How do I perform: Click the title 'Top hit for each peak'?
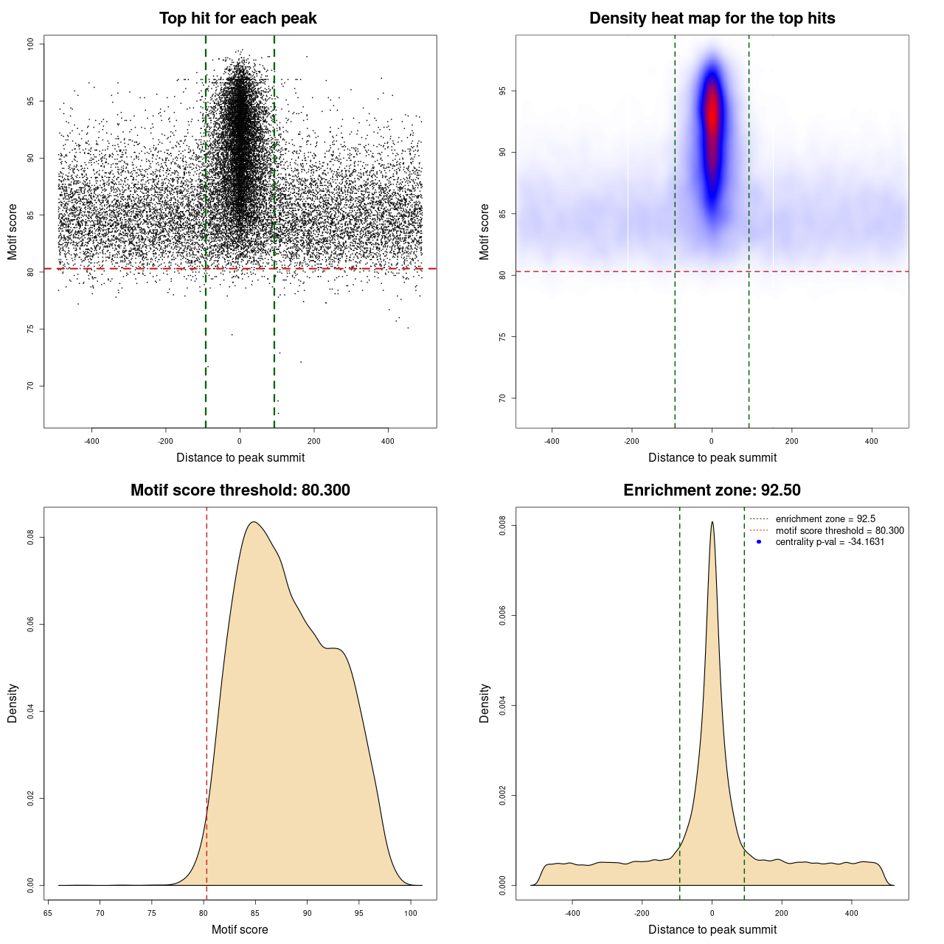click(238, 18)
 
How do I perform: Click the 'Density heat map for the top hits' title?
click(712, 18)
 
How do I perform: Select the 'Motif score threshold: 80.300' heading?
click(240, 490)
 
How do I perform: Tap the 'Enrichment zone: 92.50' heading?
click(712, 490)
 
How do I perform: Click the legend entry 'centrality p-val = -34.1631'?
click(830, 542)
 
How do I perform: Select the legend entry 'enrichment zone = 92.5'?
click(825, 519)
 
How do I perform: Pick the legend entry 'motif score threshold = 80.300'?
click(839, 531)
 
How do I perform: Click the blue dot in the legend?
click(759, 542)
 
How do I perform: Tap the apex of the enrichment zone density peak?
click(712, 522)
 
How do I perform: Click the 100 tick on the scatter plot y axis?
click(31, 44)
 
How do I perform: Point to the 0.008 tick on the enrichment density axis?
click(503, 526)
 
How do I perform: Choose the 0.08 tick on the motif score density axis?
click(31, 538)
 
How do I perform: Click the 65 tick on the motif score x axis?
click(49, 913)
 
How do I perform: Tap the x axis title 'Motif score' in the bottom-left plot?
click(240, 930)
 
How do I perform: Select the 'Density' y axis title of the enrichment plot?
click(485, 703)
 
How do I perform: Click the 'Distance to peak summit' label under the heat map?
click(712, 458)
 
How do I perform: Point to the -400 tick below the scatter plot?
click(91, 441)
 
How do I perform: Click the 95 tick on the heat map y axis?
click(503, 91)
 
